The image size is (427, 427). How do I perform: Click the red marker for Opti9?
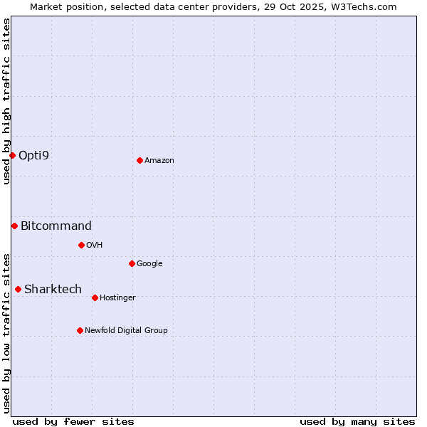click(12, 155)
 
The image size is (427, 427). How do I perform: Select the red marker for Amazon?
click(139, 160)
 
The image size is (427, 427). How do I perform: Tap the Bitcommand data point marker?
click(14, 226)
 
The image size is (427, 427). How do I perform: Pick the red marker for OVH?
click(81, 245)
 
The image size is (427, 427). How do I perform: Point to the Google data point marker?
click(132, 263)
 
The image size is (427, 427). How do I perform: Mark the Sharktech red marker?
click(18, 289)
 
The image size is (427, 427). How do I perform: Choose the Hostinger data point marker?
click(95, 297)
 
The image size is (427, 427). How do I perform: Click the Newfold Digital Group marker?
click(80, 330)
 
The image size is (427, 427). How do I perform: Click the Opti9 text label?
click(33, 155)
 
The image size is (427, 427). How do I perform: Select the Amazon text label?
click(159, 160)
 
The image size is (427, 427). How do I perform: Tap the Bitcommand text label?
click(56, 226)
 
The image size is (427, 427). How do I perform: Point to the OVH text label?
click(94, 245)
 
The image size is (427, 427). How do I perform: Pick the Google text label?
click(149, 263)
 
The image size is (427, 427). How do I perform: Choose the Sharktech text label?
click(53, 289)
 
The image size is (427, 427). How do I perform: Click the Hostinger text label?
click(117, 297)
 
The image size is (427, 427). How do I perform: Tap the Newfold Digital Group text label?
click(126, 330)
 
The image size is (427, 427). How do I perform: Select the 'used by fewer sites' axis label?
click(73, 421)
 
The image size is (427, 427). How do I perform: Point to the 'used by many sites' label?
click(357, 421)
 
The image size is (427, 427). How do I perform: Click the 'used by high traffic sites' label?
click(6, 101)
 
